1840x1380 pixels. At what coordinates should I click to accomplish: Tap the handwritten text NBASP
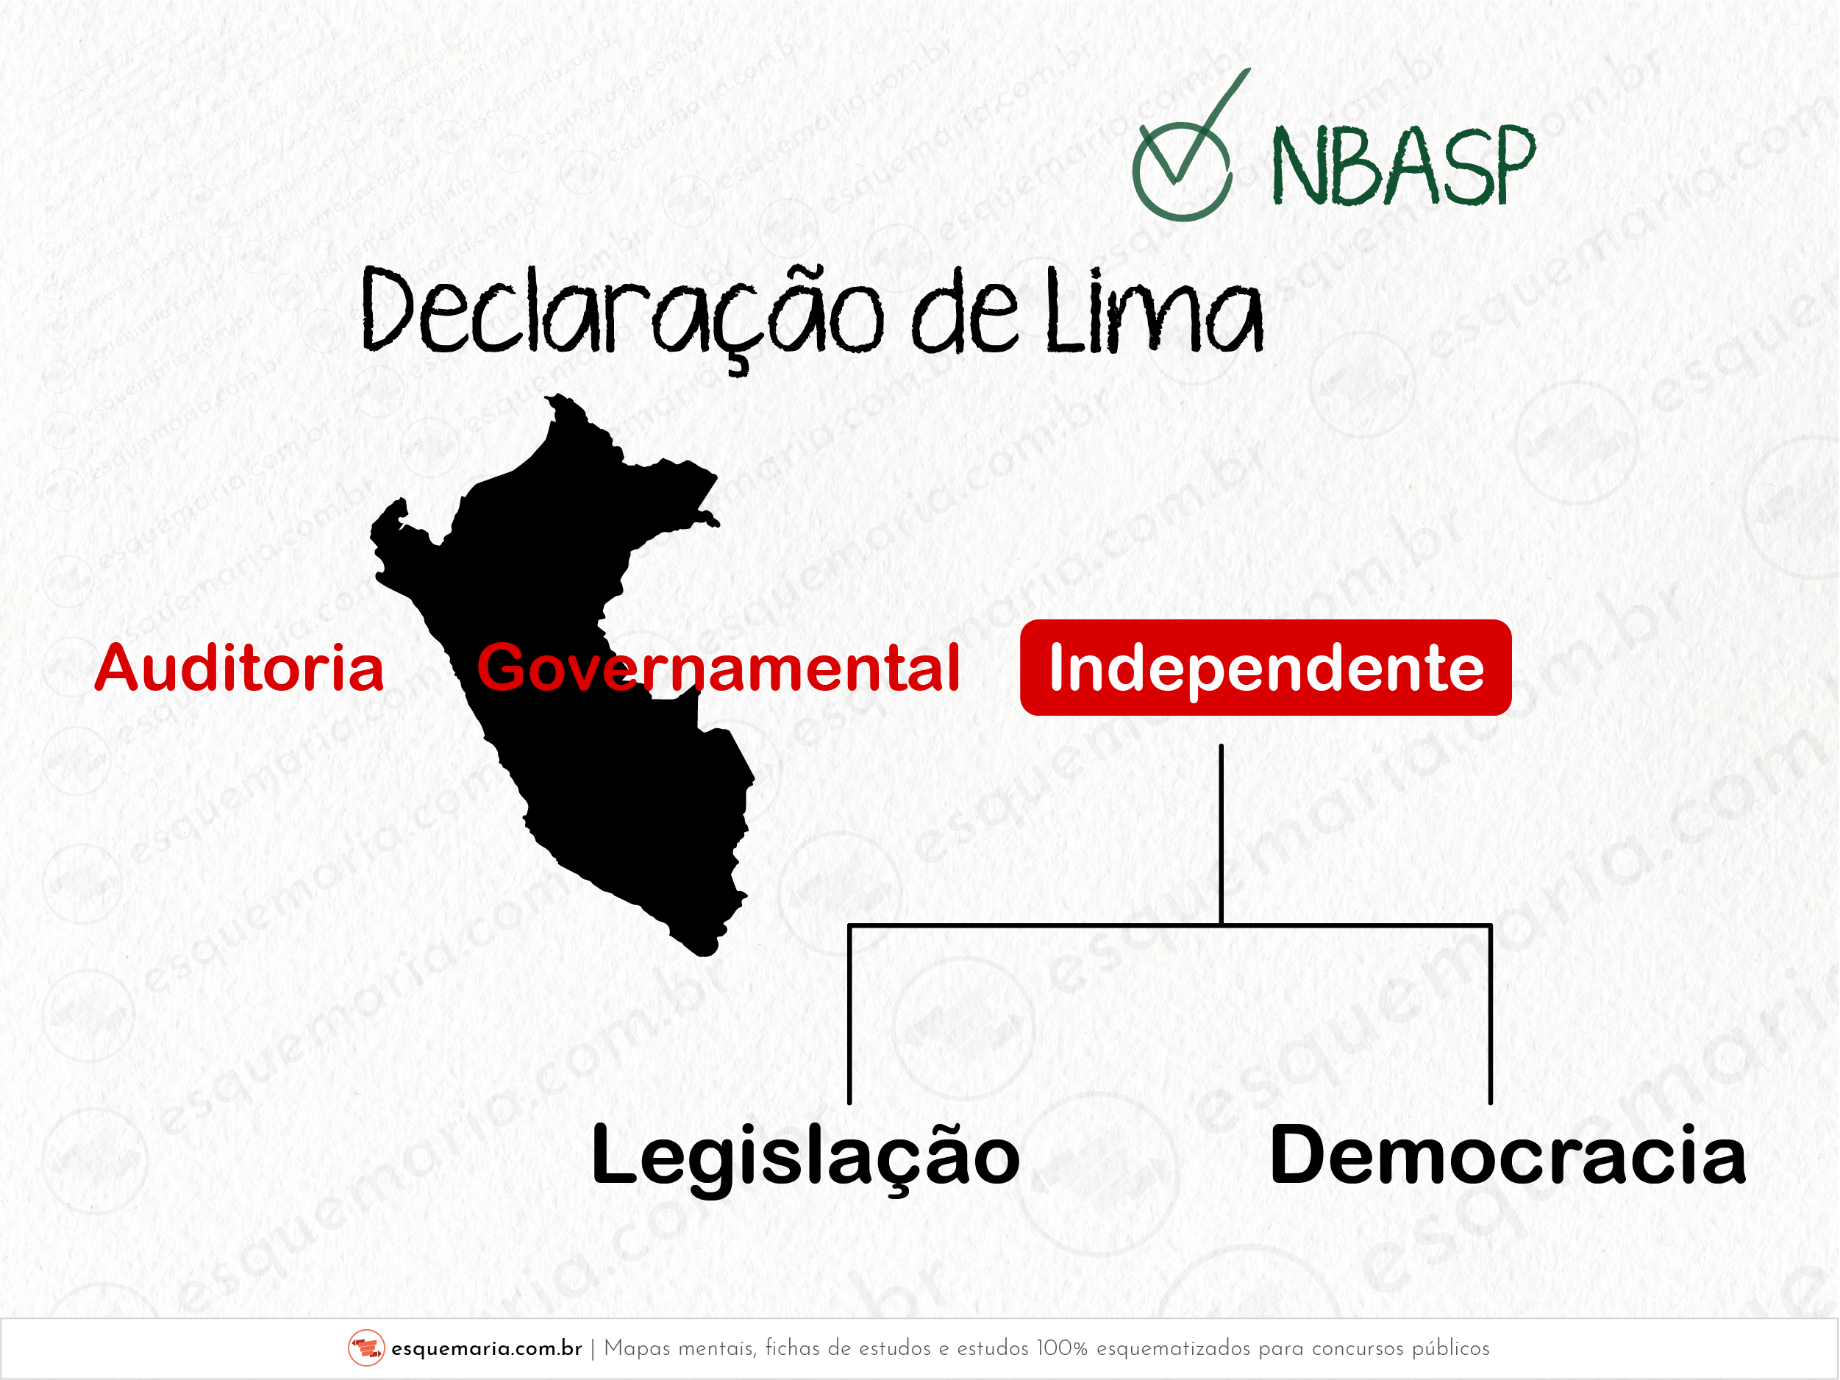coord(1402,167)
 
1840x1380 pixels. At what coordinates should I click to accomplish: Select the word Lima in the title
coord(1154,311)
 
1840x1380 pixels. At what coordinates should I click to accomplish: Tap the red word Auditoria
coord(239,668)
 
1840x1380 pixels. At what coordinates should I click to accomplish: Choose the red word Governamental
coord(718,668)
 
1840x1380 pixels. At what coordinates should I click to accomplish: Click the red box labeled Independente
coord(1265,667)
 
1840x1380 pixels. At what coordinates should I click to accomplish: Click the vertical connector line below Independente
coord(1221,834)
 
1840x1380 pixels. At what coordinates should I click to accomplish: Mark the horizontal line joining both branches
coord(1169,925)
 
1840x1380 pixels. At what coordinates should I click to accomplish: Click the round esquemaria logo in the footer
coord(366,1348)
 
